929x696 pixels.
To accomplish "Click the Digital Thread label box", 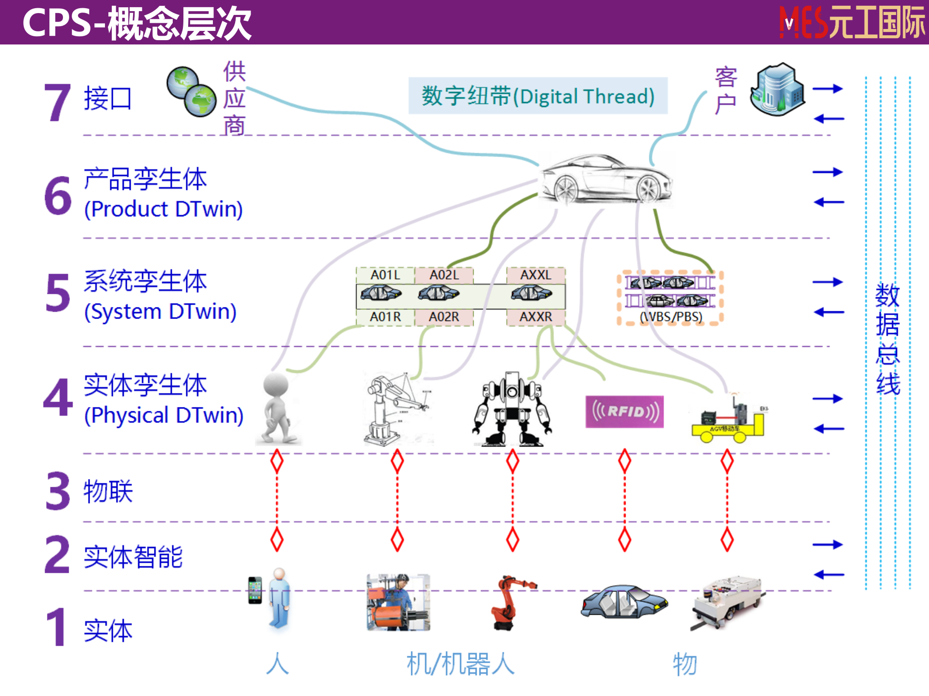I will [538, 96].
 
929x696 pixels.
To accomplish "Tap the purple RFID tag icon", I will [624, 412].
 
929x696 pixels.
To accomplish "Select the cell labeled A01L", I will [386, 275].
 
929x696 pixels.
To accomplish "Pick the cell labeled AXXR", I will [536, 317].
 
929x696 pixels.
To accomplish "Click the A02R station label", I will [444, 317].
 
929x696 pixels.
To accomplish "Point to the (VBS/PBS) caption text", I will [671, 317].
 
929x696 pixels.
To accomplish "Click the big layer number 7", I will [57, 102].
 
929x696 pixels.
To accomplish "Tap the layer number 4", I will [58, 398].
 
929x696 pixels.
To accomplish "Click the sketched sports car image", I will [605, 179].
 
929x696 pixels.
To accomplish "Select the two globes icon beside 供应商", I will [192, 92].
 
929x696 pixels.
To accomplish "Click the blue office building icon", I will [778, 89].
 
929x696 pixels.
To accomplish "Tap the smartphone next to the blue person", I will [255, 590].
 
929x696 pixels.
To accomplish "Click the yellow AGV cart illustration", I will [728, 421].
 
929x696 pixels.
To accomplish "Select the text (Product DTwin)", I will [163, 209].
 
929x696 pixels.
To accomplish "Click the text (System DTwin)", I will [160, 312].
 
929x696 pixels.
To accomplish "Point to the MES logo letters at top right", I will [803, 23].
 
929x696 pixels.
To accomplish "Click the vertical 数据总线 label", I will [887, 338].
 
